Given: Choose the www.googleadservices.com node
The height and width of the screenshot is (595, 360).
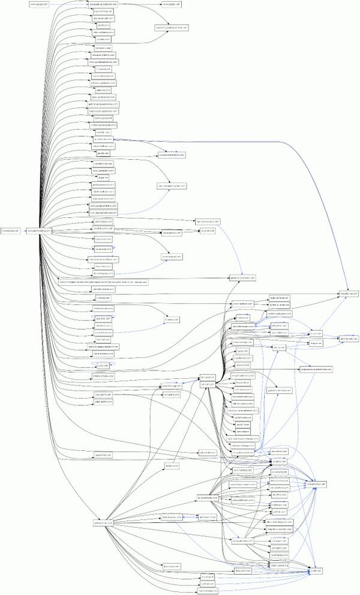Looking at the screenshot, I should pos(104,61).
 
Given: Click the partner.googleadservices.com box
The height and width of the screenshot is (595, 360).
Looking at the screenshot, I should pos(104,103).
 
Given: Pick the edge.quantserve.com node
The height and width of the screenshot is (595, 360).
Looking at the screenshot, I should pos(104,198).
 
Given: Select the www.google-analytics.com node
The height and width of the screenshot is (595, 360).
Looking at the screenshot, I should pos(104,205).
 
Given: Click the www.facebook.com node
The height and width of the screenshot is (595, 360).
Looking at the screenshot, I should pos(245,304).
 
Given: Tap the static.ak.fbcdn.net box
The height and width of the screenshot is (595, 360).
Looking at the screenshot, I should pos(280,297).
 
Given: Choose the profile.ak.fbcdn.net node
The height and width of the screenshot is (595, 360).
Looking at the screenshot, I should pos(280,304).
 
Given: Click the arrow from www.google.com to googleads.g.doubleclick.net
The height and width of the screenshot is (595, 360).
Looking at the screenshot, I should pos(69,4).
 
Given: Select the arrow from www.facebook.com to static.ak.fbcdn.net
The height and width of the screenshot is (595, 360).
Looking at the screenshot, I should pos(263,300).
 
